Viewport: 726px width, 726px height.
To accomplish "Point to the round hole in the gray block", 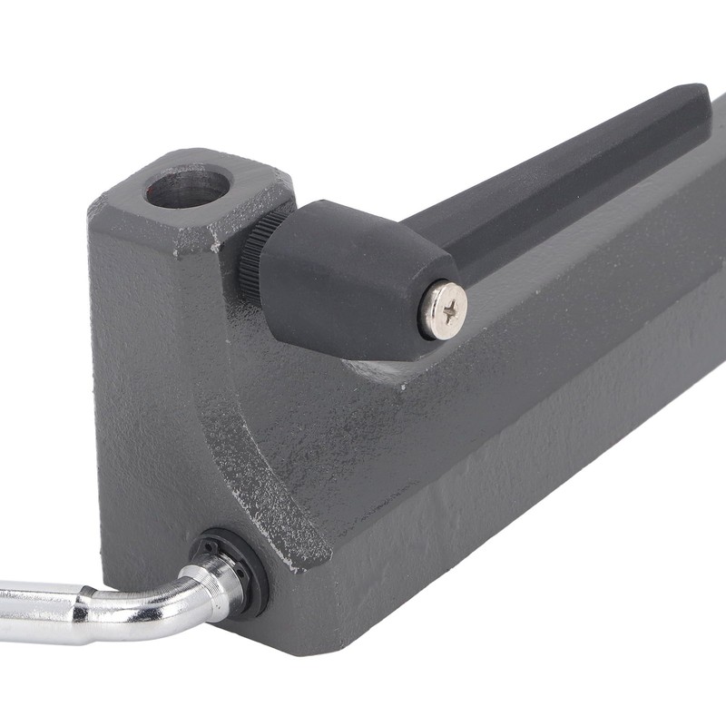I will [x=187, y=186].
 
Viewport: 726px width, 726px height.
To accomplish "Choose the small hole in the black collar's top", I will [x=207, y=544].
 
